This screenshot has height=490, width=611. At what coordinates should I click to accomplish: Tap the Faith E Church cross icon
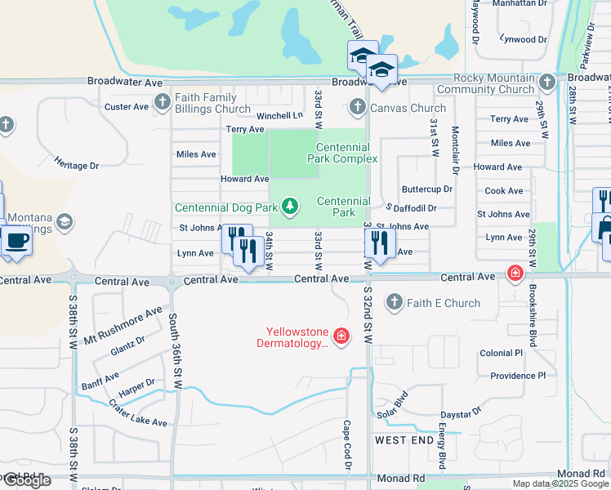click(395, 303)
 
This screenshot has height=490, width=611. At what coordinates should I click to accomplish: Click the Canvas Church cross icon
click(357, 107)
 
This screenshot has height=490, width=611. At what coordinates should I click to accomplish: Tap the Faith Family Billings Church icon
click(161, 103)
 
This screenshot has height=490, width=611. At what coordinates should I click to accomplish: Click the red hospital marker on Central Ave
click(515, 273)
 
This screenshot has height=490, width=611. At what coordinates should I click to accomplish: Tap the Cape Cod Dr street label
click(347, 444)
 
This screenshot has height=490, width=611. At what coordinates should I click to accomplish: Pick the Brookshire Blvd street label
click(532, 314)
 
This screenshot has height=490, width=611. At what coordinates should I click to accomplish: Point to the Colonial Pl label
click(501, 353)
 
